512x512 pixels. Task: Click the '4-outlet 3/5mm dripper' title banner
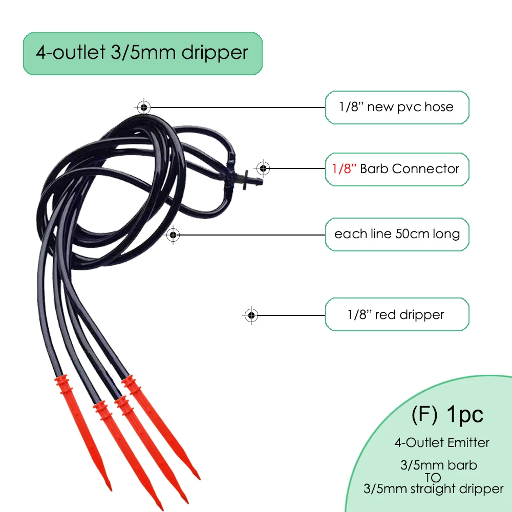click(142, 53)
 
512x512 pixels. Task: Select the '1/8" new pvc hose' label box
click(397, 107)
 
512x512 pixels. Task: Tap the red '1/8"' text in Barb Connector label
click(340, 168)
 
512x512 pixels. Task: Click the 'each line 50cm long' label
click(397, 234)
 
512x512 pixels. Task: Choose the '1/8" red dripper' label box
click(397, 314)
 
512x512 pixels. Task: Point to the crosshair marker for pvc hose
click(144, 107)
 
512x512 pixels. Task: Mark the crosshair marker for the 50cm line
click(174, 234)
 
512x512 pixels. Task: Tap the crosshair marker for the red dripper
click(251, 314)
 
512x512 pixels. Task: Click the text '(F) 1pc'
click(447, 415)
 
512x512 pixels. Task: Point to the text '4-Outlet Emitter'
click(441, 442)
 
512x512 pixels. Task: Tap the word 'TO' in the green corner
click(433, 477)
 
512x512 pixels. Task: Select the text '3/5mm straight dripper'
click(433, 489)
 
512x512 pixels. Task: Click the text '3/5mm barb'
click(438, 465)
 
